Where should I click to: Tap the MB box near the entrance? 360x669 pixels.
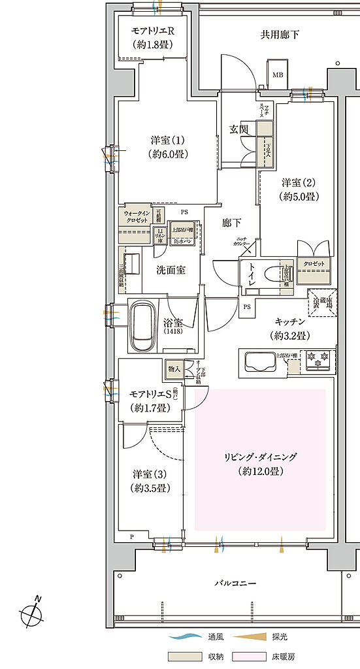tap(278, 75)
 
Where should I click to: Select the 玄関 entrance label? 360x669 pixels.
tap(238, 129)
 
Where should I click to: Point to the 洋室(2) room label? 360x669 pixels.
tap(299, 188)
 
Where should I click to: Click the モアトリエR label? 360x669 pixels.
tap(152, 38)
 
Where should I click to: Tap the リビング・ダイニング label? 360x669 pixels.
tap(259, 464)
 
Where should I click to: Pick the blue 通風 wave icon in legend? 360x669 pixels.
tap(185, 636)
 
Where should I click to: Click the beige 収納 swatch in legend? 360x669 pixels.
tap(186, 655)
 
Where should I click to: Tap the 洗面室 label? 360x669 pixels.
tap(170, 269)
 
